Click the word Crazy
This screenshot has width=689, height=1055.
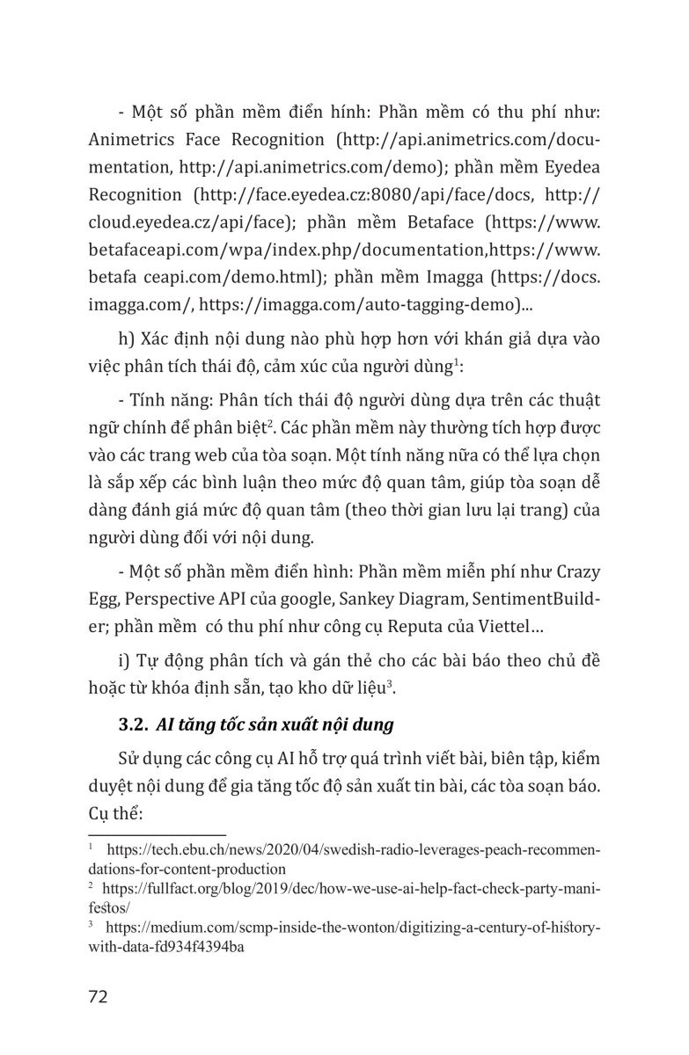click(576, 572)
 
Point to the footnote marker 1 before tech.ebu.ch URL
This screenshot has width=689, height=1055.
click(92, 848)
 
